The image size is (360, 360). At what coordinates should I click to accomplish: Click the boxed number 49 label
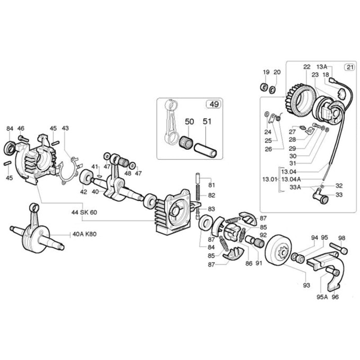[x=213, y=104]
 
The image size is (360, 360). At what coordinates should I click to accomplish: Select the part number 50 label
[x=189, y=122]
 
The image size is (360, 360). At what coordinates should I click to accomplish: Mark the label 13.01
[x=270, y=179]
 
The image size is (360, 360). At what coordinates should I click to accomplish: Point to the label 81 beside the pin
[x=211, y=185]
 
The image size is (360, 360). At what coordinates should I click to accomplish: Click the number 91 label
[x=258, y=263]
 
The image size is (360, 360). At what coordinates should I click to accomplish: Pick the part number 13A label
[x=322, y=66]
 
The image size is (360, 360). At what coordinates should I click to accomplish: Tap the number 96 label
[x=335, y=297]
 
